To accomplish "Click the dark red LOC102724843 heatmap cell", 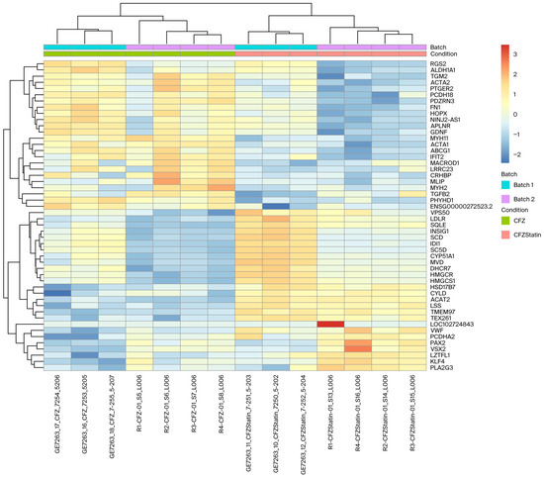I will coord(330,324).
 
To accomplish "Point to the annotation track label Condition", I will coord(446,54).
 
